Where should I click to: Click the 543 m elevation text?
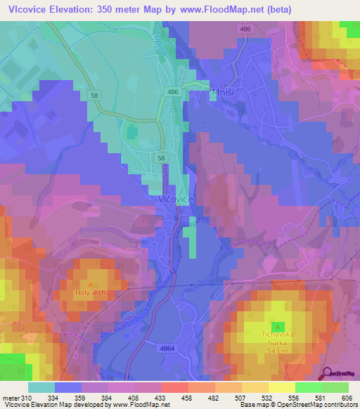coord(279,350)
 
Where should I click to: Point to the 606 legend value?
coord(347,398)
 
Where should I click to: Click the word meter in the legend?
coord(9,398)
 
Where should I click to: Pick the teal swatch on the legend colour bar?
coord(41,387)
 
